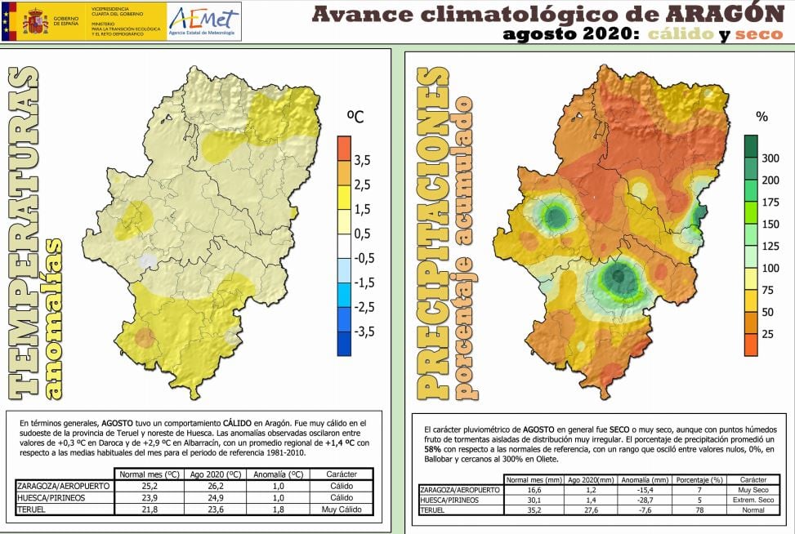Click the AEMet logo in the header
pyautogui.click(x=204, y=22)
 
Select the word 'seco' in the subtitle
pyautogui.click(x=758, y=34)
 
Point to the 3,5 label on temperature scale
pyautogui.click(x=363, y=159)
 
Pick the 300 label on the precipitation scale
pyautogui.click(x=770, y=158)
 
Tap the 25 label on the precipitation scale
pyautogui.click(x=768, y=335)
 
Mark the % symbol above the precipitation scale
pyautogui.click(x=762, y=117)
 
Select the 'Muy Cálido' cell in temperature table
pyautogui.click(x=341, y=509)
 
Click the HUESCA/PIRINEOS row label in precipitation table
pyautogui.click(x=449, y=499)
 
